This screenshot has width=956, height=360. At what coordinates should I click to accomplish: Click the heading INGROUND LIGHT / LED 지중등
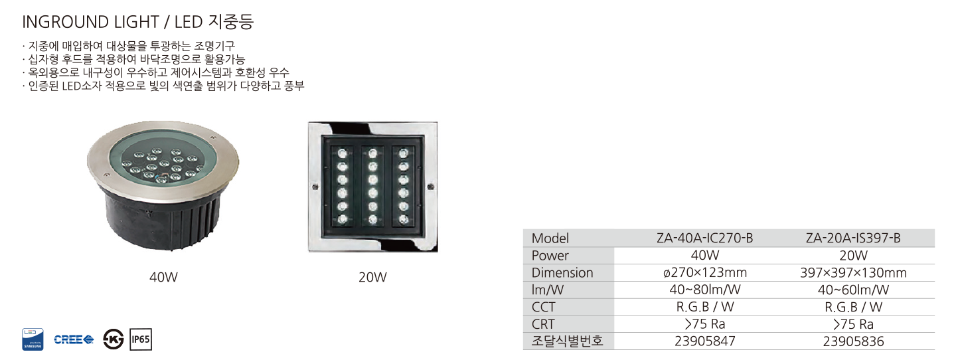point(138,21)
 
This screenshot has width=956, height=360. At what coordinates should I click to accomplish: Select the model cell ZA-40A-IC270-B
point(704,238)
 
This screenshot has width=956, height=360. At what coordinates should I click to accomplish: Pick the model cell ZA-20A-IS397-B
point(853,238)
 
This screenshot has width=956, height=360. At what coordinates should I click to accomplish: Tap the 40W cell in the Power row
point(704,256)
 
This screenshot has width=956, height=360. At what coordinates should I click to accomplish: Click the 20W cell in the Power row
point(853,256)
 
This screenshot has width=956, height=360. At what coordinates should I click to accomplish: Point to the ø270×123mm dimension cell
point(704,273)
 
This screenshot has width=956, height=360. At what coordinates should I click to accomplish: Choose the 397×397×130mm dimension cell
point(853,273)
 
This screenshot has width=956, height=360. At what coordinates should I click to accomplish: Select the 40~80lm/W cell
point(704,290)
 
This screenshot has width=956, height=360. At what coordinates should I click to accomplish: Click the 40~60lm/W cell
point(853,290)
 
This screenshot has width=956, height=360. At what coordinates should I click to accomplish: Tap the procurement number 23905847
point(704,341)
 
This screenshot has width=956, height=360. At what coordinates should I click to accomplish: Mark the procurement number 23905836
point(853,341)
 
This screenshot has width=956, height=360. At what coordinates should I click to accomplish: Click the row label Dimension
point(562,273)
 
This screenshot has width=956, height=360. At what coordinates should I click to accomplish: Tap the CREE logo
point(74,339)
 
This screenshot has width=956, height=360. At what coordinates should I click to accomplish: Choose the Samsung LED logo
point(33,339)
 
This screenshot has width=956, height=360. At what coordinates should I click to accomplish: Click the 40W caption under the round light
point(163,278)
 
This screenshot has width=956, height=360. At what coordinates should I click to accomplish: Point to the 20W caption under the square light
point(372,278)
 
